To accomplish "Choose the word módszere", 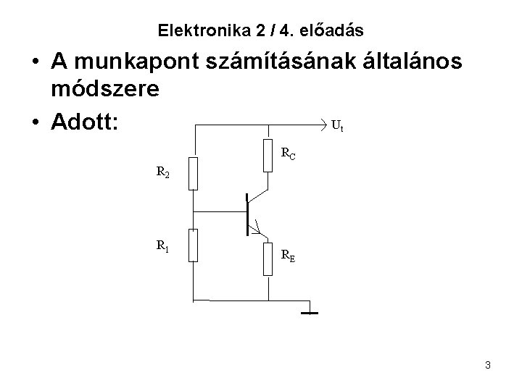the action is tap(106, 92).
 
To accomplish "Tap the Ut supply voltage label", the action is tap(336, 127).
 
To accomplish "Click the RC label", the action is tap(289, 153).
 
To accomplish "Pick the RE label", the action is tap(289, 254).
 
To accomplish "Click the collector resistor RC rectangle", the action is tap(268, 155).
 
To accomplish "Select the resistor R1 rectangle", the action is tap(193, 244).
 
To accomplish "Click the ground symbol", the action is tap(310, 312).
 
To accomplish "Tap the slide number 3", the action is tap(488, 365).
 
